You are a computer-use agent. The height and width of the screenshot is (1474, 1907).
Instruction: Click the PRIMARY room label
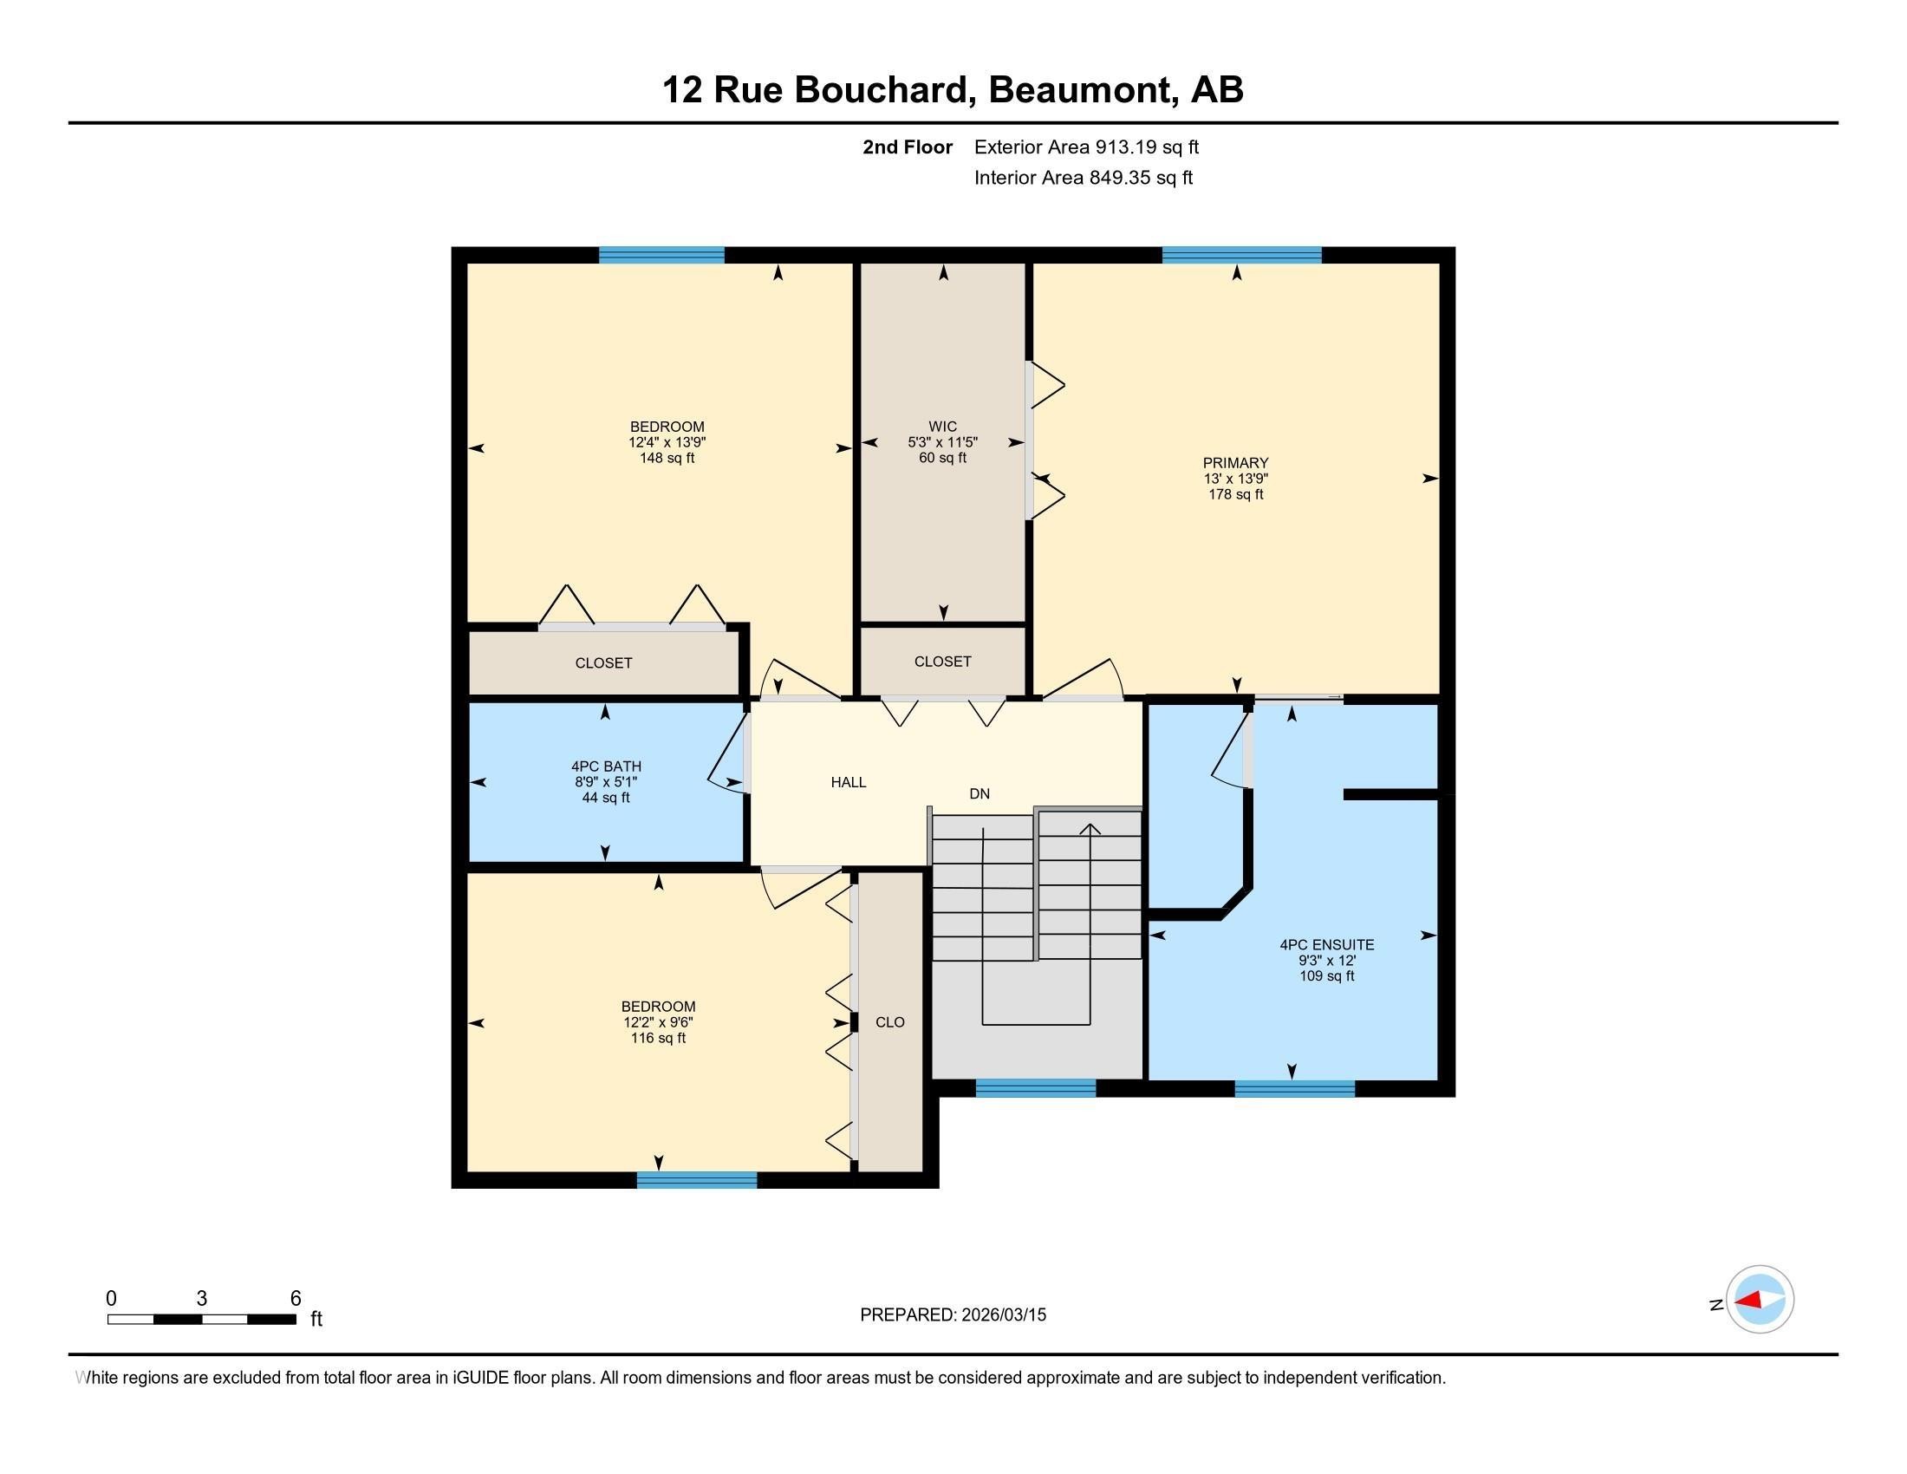[x=1234, y=463]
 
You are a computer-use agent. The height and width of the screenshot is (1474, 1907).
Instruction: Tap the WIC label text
[x=942, y=427]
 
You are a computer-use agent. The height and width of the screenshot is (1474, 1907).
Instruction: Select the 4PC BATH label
[x=606, y=766]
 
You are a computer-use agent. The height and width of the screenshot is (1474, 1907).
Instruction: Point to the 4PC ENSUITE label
[x=1326, y=945]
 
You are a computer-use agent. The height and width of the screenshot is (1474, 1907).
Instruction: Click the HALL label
[x=848, y=782]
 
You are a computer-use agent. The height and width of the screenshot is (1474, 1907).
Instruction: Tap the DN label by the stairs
[x=979, y=793]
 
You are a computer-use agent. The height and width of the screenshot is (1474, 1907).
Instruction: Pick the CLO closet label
[x=889, y=1022]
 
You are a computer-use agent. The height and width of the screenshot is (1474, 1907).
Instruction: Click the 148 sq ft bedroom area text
[x=667, y=459]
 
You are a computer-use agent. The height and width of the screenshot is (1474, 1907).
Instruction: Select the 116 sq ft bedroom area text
[x=659, y=1038]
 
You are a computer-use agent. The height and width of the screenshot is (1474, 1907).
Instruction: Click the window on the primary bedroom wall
[x=1240, y=255]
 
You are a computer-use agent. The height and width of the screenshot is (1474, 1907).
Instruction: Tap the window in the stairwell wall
[x=1035, y=1088]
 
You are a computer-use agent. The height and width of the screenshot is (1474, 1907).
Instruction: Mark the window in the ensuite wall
[x=1294, y=1088]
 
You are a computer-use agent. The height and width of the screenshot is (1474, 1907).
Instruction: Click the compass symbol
[x=1759, y=1300]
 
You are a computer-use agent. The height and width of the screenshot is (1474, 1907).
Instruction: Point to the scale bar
[x=202, y=1319]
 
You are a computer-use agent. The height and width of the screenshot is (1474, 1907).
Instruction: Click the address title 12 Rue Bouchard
[x=953, y=90]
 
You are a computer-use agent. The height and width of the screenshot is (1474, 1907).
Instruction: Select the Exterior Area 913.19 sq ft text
[x=1086, y=147]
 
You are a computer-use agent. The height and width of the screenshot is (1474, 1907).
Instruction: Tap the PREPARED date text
[x=953, y=1315]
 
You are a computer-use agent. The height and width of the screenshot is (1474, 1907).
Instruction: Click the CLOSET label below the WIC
[x=942, y=662]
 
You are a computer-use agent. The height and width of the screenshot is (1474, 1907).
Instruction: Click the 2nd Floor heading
[x=908, y=147]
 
